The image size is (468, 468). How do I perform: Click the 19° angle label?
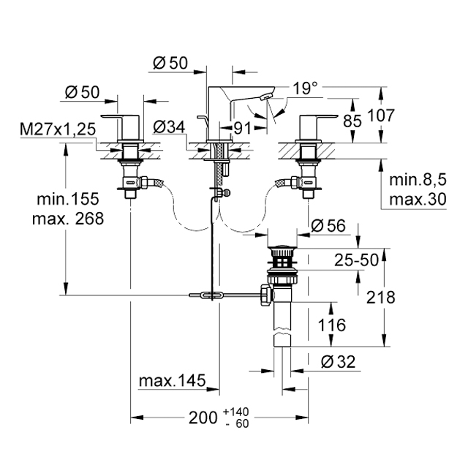point(306,88)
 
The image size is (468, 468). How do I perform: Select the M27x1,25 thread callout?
point(58,129)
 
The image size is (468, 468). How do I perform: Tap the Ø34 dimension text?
point(169,127)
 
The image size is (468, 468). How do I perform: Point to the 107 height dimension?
point(381,116)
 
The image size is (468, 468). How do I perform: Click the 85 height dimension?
point(352,121)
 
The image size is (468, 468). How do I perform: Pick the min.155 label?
point(68,199)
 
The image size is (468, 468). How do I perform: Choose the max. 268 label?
point(68,219)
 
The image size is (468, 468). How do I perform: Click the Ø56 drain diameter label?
point(328,226)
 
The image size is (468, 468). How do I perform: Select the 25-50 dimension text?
point(356,260)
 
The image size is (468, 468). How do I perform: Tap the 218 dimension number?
point(380,298)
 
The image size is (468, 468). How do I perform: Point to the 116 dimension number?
point(331,325)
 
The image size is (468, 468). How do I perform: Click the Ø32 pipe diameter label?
point(338,362)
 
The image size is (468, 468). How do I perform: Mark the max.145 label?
point(173,380)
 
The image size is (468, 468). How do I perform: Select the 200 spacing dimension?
point(203,418)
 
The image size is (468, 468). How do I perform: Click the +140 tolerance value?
point(235,412)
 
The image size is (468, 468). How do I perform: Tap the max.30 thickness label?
point(418,199)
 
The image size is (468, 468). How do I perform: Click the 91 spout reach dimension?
point(242,129)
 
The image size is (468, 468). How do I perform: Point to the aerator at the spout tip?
point(266,97)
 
